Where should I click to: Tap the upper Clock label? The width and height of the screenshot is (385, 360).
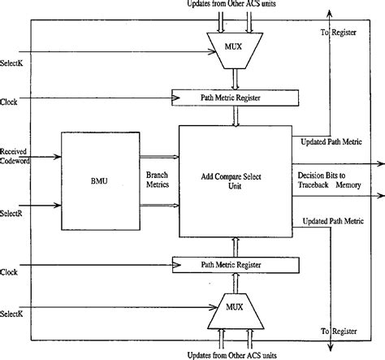coord(9,102)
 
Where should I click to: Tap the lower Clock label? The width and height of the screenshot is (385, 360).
coord(9,272)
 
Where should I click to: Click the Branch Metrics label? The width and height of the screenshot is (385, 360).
coord(158,179)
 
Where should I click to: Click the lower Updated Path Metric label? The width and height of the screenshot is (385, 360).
coord(330,221)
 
